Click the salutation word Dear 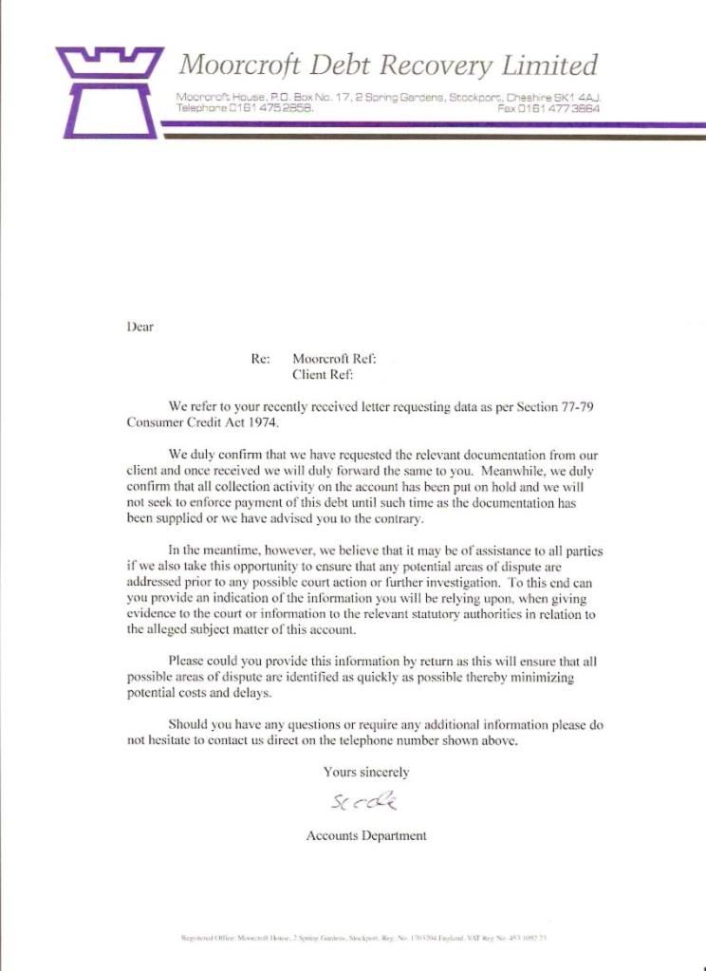pyautogui.click(x=139, y=327)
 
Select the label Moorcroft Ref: pyautogui.click(x=334, y=359)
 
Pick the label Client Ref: pyautogui.click(x=323, y=374)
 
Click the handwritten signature pyautogui.click(x=364, y=804)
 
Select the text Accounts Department pyautogui.click(x=366, y=836)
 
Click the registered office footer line pyautogui.click(x=365, y=938)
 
